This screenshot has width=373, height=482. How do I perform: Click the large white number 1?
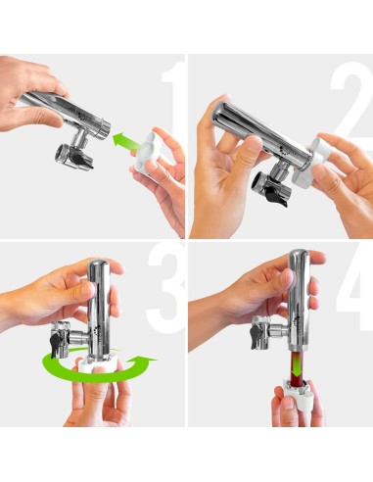(x=173, y=108)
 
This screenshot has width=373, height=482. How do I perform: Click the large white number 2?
(x=352, y=104)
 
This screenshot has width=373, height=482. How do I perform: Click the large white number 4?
(x=355, y=288)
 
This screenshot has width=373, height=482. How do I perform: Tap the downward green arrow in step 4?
(x=297, y=365)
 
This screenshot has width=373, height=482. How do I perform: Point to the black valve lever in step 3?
(x=56, y=342)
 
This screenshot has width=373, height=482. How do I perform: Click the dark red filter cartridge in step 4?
(x=297, y=366)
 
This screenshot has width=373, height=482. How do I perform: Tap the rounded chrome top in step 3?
(x=98, y=266)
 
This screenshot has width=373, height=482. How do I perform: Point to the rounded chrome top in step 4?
(x=299, y=257)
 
